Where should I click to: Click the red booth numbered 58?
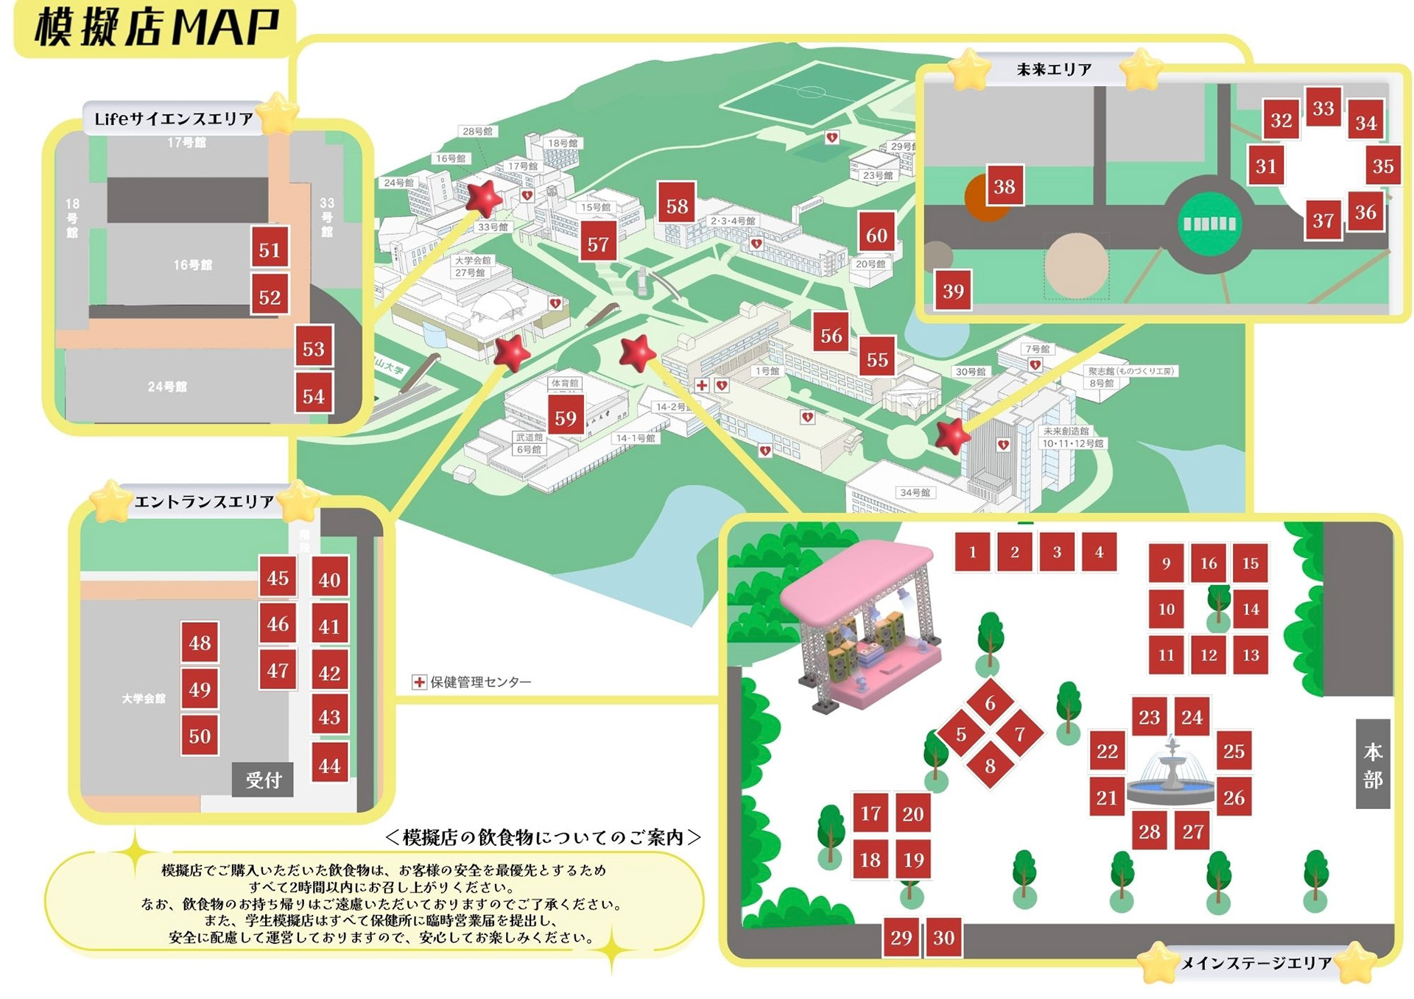(677, 206)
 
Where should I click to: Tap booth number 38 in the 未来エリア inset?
(1004, 186)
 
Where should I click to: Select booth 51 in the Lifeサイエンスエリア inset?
(270, 250)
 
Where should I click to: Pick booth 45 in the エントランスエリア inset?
(278, 578)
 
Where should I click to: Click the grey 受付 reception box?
(263, 780)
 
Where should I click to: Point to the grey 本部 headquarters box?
(1372, 764)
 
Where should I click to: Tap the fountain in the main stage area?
(1171, 773)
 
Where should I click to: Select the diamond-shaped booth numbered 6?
(990, 703)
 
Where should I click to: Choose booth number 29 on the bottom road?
(901, 937)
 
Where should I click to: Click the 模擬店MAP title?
(156, 27)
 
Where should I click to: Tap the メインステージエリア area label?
(1256, 963)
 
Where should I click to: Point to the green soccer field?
(810, 94)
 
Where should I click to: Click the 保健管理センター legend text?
(480, 682)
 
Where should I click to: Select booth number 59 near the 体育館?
(566, 418)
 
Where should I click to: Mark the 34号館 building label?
(915, 493)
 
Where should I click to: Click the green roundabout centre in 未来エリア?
(1209, 223)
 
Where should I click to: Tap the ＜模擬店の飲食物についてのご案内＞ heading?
(543, 838)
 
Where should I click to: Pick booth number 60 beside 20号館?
(876, 235)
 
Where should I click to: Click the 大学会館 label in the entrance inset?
(144, 698)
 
